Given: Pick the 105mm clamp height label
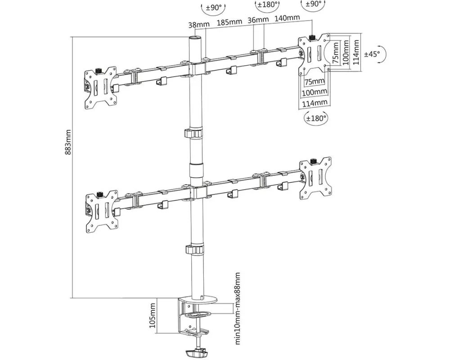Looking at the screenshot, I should click(153, 315).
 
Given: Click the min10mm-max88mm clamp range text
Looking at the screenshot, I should click(238, 308).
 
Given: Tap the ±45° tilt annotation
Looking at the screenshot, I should click(372, 54).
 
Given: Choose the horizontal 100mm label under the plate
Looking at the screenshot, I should click(315, 92).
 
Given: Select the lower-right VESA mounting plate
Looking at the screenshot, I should click(316, 178).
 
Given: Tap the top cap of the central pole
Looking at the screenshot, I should click(194, 39).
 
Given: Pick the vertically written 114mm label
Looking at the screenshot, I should click(356, 51).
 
